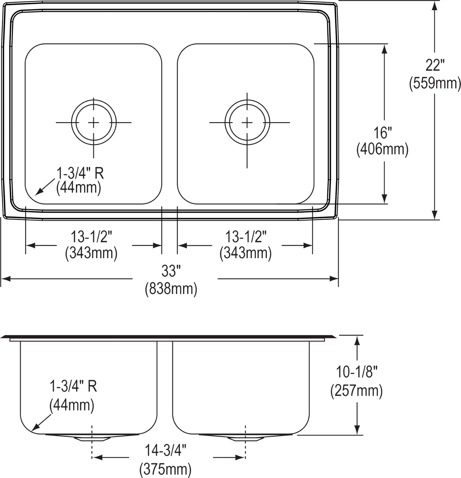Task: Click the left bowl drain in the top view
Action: pos(93,122)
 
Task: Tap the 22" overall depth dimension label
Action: pos(434,67)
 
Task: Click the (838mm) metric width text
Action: pos(171,290)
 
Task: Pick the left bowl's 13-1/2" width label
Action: pos(92,237)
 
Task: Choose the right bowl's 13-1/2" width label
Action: pos(246,237)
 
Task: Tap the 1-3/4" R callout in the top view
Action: pos(81,175)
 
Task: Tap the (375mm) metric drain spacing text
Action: pos(166,469)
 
